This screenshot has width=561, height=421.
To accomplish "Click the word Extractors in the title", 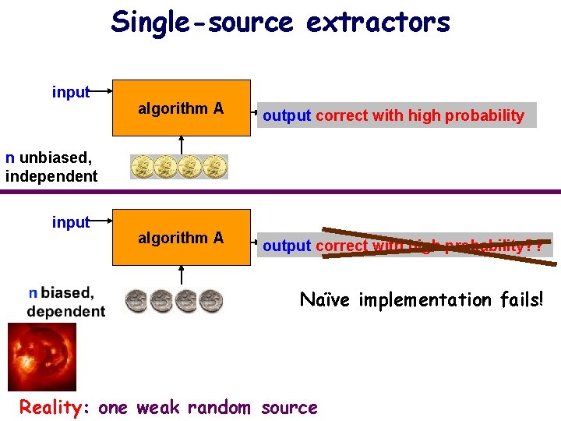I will pos(378,22).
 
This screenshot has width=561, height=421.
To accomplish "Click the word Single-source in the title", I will pos(202,22).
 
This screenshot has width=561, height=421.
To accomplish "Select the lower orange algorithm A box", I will pos(182,237).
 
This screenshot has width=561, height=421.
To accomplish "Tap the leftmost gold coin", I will pos(143,167).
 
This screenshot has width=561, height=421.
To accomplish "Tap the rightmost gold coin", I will pos(214,167).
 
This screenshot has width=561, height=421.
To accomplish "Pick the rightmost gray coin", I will pos(210,300).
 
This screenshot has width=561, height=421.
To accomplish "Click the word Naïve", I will pos(326,299).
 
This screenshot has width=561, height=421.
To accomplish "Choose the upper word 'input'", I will pos(71,92).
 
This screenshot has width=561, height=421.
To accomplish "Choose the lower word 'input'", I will pos(71,222).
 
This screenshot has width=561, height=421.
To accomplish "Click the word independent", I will pos(51,176).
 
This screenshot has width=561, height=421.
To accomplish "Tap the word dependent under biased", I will pos(66,311).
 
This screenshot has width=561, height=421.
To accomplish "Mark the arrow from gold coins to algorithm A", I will pos(181,143).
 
